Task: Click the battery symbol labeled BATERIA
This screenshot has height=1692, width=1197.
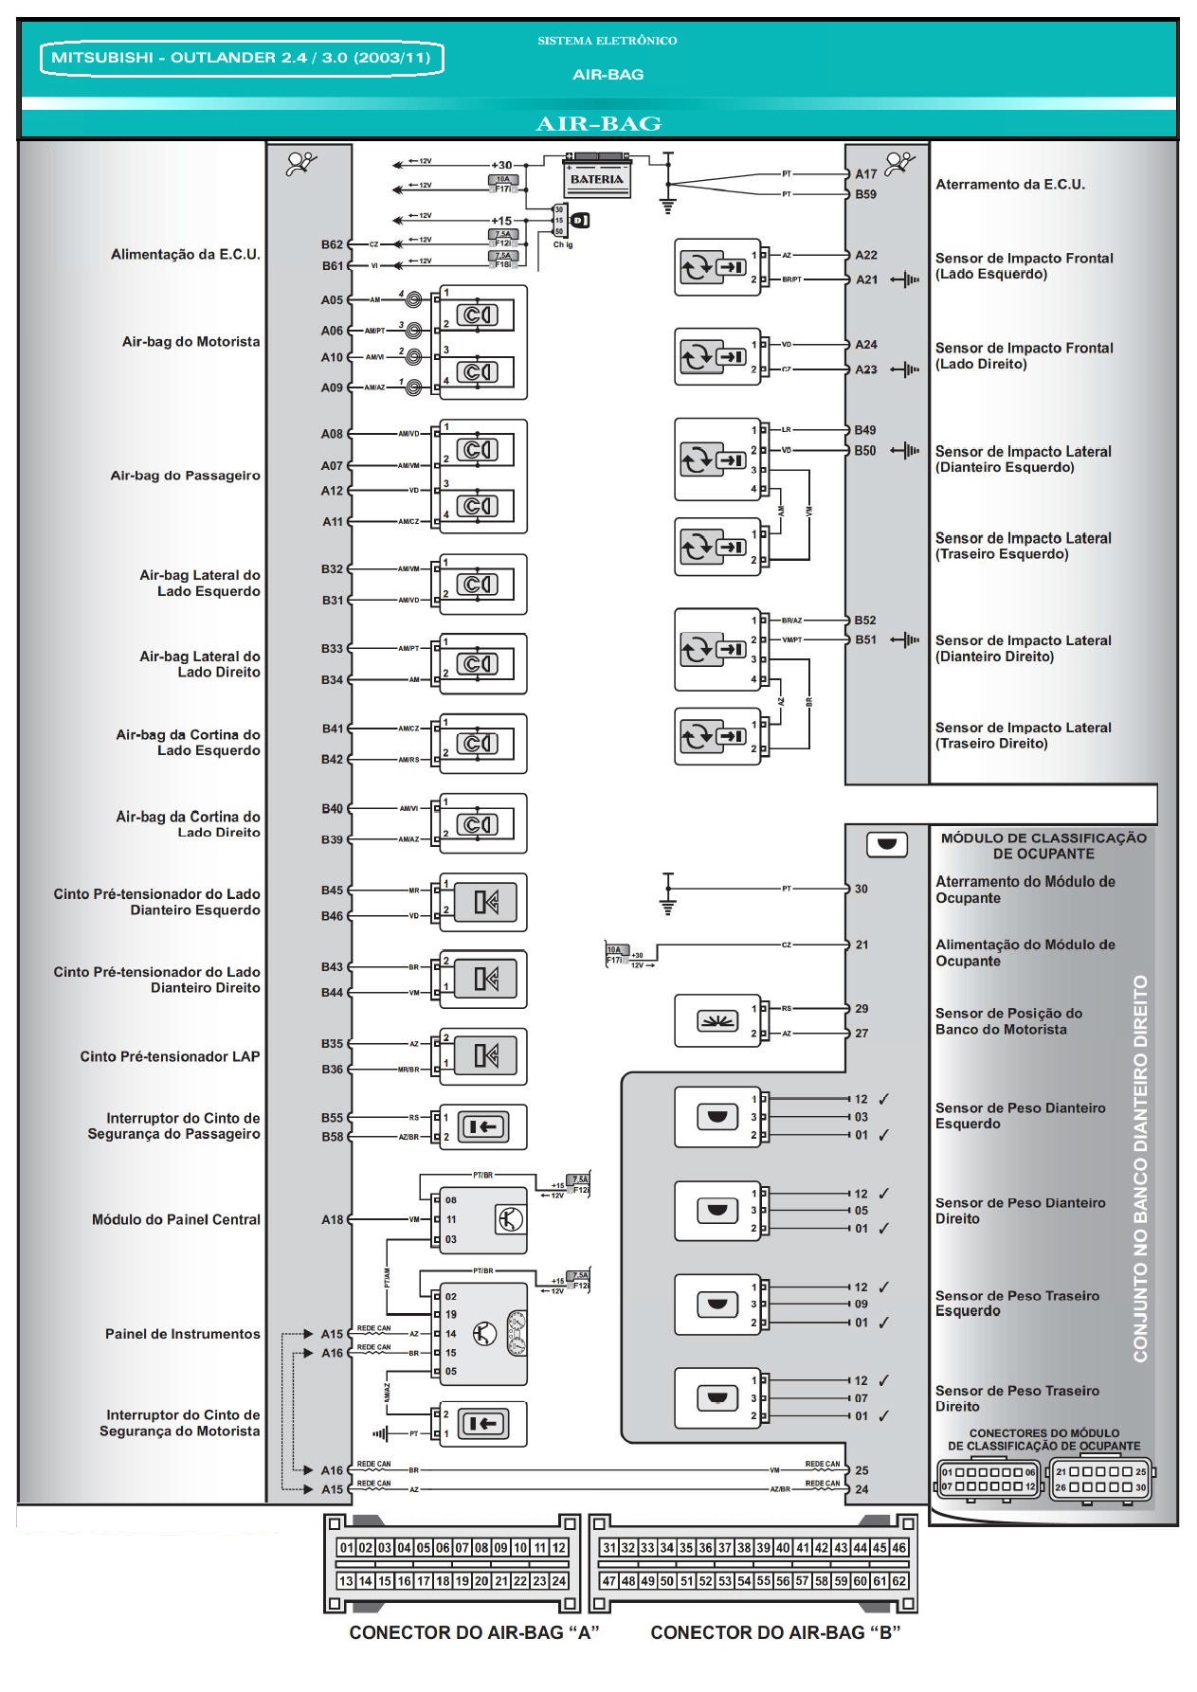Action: point(597,177)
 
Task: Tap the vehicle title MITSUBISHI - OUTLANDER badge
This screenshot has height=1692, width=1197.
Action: point(241,58)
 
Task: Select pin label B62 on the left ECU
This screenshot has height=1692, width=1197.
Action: point(332,244)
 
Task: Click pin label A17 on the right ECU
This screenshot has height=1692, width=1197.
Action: point(865,174)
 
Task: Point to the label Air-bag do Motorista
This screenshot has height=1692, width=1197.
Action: point(190,342)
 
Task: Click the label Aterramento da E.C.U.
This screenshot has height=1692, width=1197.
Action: point(1010,185)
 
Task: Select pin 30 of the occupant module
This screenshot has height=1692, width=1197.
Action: point(861,890)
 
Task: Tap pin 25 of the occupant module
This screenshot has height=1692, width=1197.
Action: point(861,1470)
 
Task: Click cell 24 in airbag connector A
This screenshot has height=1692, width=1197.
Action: point(558,1581)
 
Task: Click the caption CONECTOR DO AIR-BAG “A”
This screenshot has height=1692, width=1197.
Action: point(474,1632)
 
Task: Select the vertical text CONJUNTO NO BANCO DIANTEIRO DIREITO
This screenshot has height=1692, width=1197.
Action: point(1140,1169)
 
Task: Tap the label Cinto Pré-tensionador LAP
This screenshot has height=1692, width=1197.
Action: point(170,1056)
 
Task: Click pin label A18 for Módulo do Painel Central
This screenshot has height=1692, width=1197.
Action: point(332,1220)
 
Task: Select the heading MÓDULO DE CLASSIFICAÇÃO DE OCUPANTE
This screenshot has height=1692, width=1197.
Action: point(1043,846)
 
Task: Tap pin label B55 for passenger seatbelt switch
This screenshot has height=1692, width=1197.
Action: point(332,1118)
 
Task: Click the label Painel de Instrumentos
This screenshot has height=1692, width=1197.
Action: point(182,1334)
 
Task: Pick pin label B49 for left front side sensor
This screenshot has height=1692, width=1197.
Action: point(864,430)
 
